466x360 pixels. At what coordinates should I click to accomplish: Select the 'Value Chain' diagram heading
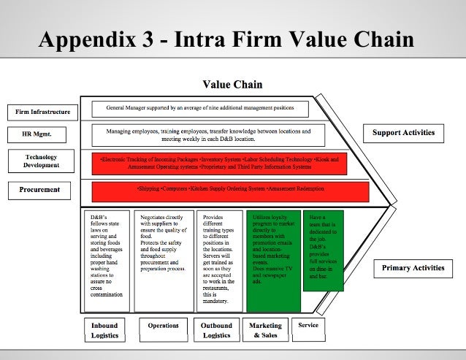232,85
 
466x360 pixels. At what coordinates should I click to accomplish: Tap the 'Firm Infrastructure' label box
43,112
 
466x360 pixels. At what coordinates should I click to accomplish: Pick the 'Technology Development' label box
41,161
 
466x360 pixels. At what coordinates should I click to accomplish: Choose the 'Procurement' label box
40,190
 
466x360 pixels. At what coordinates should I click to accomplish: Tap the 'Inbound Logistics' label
104,330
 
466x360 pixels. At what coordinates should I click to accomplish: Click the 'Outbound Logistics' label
216,330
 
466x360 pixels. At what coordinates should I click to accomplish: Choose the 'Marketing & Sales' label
265,330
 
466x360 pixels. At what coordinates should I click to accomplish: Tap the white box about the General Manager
200,109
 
